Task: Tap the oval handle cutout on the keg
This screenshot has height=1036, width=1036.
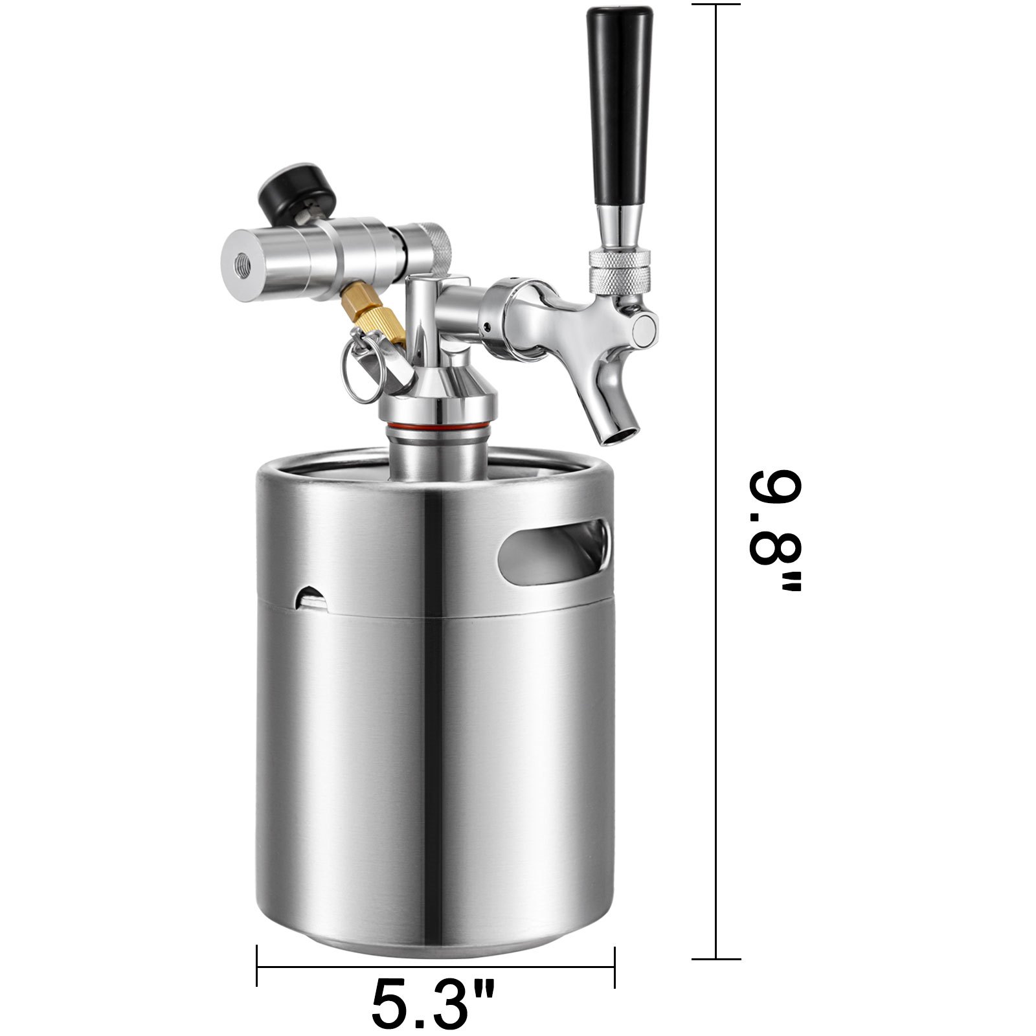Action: [554, 550]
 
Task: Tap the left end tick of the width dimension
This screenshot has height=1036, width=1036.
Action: [257, 967]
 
